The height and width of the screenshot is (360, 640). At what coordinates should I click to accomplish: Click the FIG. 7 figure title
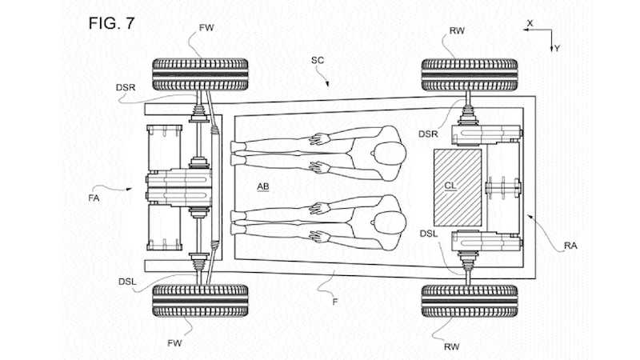[x=111, y=23]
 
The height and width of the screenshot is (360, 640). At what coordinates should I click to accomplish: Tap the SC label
[x=318, y=61]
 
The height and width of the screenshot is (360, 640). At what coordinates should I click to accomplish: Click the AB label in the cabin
[x=263, y=186]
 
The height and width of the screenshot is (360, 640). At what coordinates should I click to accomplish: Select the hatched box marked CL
[x=458, y=188]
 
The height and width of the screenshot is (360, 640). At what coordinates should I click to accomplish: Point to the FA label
[x=94, y=198]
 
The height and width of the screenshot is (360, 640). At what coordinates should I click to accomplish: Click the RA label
[x=570, y=246]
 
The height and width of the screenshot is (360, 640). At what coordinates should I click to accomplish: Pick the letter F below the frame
[x=335, y=302]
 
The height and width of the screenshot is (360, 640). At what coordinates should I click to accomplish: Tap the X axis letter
[x=530, y=23]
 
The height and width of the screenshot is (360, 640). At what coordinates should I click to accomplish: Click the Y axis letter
[x=557, y=48]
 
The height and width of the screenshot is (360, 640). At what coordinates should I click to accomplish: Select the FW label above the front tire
[x=206, y=28]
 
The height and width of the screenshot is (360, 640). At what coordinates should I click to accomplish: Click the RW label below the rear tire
[x=452, y=347]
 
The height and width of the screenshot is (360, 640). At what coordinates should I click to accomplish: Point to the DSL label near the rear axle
[x=429, y=234]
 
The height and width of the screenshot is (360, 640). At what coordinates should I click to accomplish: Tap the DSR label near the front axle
[x=126, y=88]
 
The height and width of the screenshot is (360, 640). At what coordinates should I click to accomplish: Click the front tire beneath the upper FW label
[x=200, y=74]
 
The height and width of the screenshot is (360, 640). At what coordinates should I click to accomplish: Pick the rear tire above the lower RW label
[x=470, y=302]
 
